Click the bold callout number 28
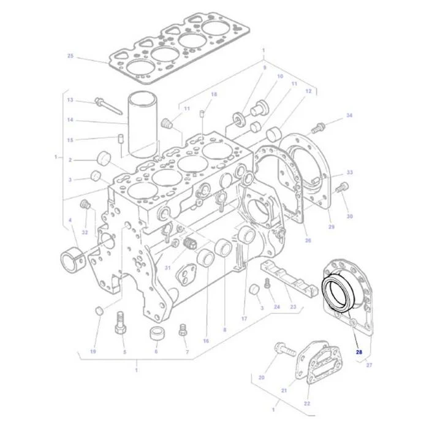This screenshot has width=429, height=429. point(359,352)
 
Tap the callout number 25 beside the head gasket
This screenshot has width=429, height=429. point(70,56)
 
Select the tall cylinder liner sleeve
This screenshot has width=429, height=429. point(143,125)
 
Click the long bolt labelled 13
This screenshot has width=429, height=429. point(108,106)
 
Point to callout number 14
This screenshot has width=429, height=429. point(70,120)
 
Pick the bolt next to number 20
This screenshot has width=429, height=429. point(285,349)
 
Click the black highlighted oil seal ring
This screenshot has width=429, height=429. point(339,293)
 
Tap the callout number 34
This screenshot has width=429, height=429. point(349,115)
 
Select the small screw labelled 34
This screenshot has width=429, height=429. point(318,127)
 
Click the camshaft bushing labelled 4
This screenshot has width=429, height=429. point(73,259)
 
